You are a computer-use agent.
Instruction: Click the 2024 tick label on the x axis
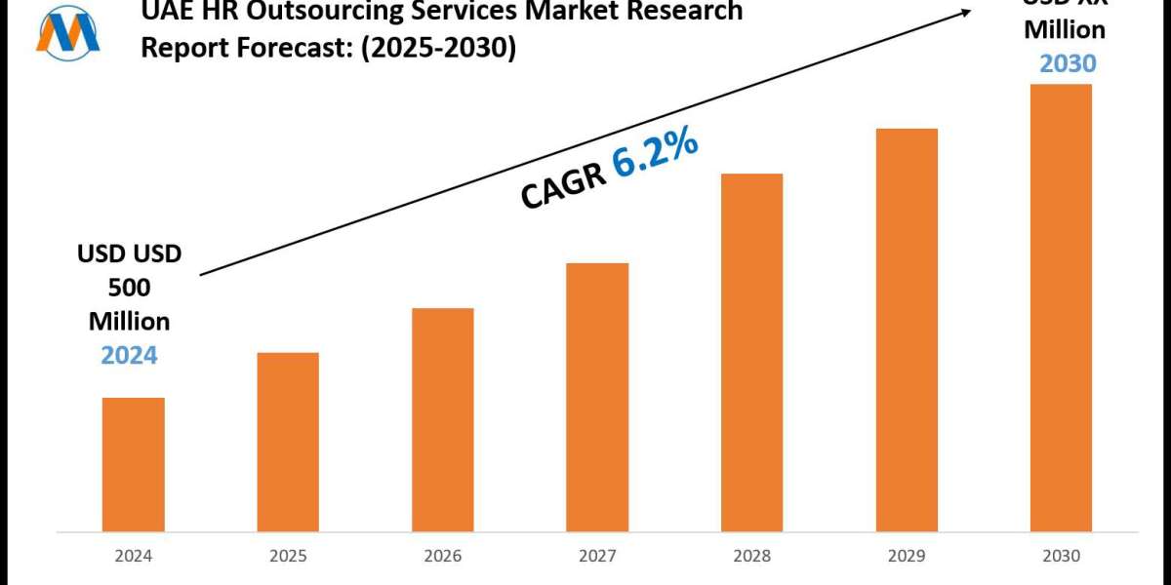click(134, 556)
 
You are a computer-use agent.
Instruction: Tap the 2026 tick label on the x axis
click(442, 556)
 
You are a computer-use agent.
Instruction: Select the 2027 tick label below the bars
click(597, 556)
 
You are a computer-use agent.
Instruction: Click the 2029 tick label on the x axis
click(907, 556)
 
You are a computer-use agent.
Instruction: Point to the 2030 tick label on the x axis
click(1061, 556)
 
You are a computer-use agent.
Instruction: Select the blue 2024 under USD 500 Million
click(129, 355)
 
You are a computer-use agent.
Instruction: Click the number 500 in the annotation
click(129, 289)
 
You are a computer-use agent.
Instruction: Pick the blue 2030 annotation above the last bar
click(1068, 63)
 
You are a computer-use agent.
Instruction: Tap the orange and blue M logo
click(67, 32)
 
